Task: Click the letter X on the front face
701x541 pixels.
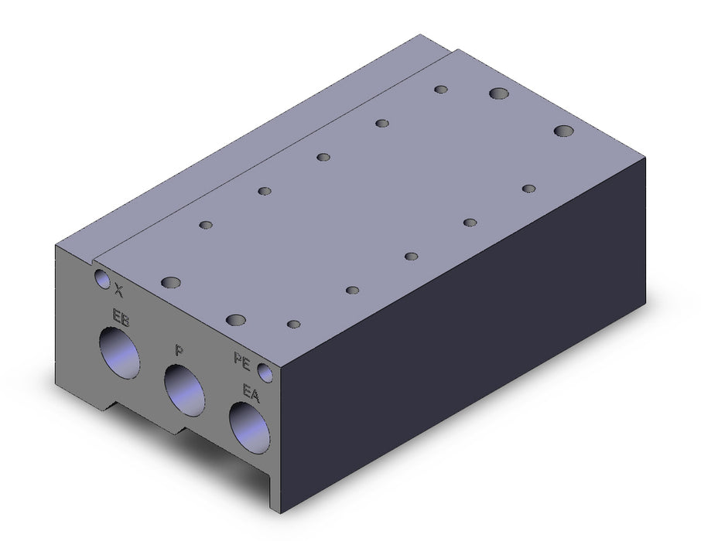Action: tap(118, 290)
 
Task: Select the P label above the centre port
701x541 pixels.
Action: tap(179, 350)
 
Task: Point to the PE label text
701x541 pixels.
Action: tap(242, 360)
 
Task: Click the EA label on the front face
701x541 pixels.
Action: tap(251, 393)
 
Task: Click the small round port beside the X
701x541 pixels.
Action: tap(102, 278)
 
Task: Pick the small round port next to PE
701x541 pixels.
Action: tap(265, 373)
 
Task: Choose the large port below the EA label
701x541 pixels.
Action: tap(249, 428)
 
